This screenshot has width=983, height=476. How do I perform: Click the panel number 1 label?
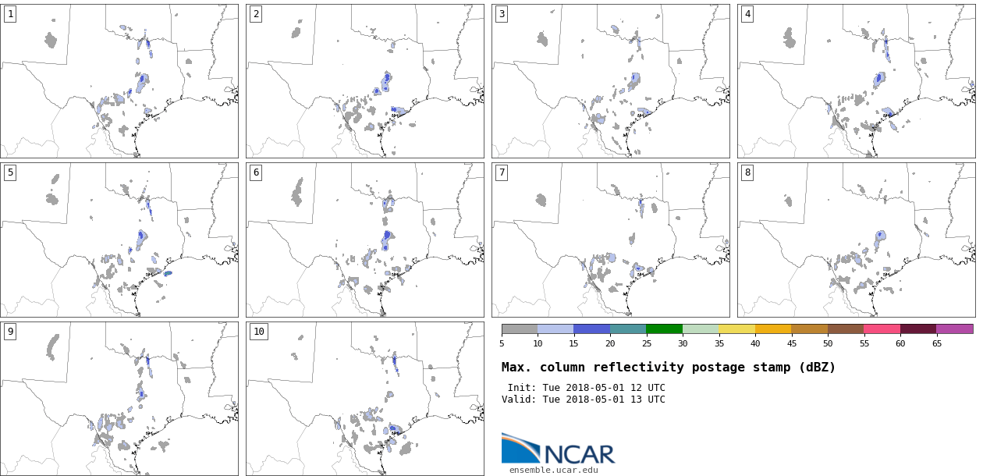[10, 14]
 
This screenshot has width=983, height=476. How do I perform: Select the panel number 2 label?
[256, 14]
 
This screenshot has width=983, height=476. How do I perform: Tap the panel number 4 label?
[747, 14]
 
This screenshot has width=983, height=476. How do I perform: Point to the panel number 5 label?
[10, 172]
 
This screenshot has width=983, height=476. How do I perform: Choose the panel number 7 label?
[502, 172]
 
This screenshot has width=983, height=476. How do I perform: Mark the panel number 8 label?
[747, 172]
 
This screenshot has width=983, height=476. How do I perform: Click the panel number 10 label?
[259, 332]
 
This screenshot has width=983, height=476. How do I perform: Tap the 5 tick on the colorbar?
[502, 343]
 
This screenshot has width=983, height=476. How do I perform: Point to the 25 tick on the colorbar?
[646, 343]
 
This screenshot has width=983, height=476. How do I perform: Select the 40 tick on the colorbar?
[755, 343]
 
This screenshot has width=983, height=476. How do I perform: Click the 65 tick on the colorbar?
[936, 343]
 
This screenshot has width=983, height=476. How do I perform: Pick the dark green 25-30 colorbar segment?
[664, 329]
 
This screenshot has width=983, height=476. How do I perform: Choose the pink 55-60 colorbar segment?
[882, 329]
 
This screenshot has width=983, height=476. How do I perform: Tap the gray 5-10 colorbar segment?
[520, 329]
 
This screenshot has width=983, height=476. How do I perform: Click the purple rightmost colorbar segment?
[954, 329]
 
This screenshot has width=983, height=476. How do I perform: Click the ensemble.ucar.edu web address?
[554, 470]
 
